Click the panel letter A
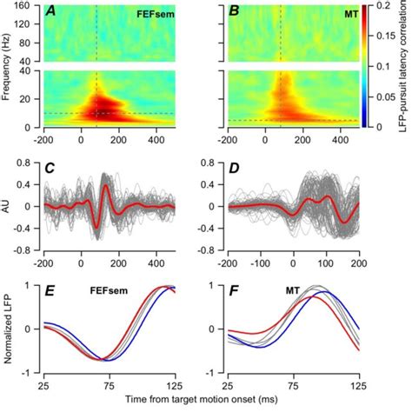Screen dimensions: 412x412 52,11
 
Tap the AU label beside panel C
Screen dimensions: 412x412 8,206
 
